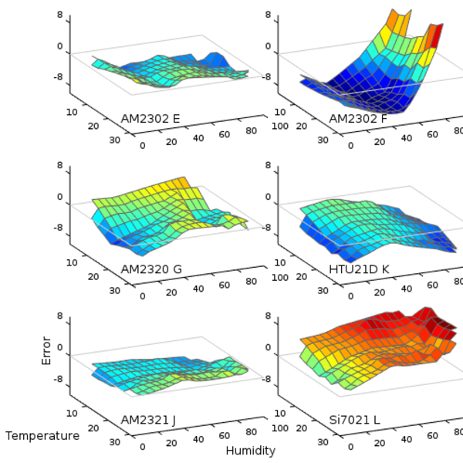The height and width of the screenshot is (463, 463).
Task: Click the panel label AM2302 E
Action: pyautogui.click(x=150, y=119)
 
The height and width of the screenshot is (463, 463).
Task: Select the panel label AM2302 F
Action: pyautogui.click(x=359, y=119)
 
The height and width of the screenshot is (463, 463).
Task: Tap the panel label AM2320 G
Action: pyautogui.click(x=151, y=269)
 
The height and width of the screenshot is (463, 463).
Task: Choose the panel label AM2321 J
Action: pyautogui.click(x=148, y=420)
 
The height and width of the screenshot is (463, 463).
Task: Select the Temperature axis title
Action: pyautogui.click(x=42, y=436)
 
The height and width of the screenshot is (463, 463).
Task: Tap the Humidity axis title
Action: pyautogui.click(x=250, y=450)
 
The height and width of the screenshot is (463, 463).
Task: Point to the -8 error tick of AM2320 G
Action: pyautogui.click(x=58, y=228)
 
